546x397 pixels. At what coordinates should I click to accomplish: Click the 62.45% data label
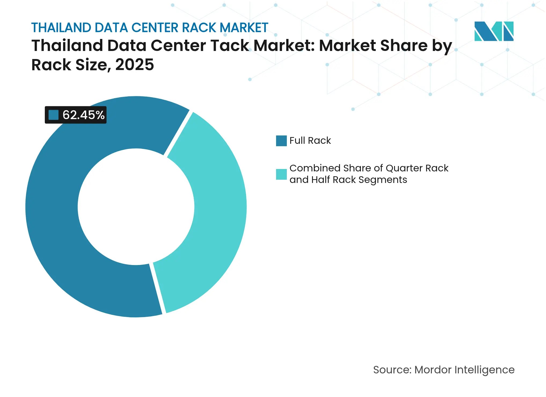[x=83, y=115]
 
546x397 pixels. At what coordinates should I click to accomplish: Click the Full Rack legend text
[x=310, y=141]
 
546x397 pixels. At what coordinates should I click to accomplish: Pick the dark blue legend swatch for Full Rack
[x=281, y=141]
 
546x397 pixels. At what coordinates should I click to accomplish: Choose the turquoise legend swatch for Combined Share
[x=281, y=174]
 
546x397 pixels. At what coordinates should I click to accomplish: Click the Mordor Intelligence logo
[x=494, y=31]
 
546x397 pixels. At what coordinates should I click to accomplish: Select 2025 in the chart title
[x=134, y=65]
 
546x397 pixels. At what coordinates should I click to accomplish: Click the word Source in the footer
[x=392, y=370]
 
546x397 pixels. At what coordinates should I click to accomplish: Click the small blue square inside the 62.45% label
[x=53, y=115]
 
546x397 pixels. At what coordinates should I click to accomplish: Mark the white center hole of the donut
[x=136, y=207]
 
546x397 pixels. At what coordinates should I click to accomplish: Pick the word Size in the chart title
[x=91, y=65]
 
